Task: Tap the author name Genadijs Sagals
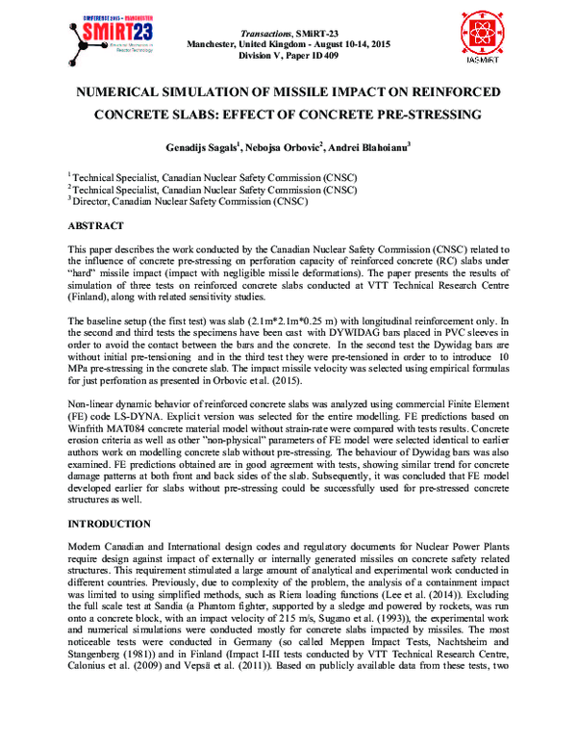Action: coord(201,148)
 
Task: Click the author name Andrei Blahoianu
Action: coord(368,148)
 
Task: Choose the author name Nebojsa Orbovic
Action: coord(284,148)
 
